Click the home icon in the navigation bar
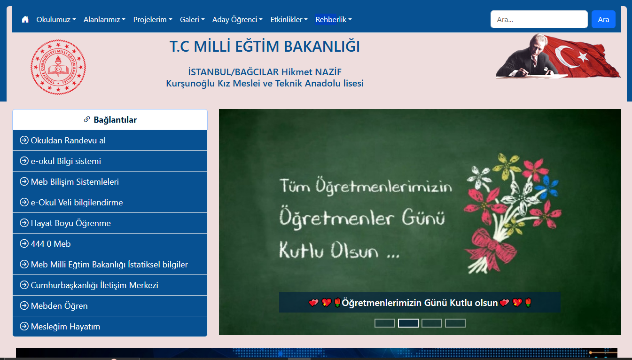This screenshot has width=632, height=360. click(x=25, y=19)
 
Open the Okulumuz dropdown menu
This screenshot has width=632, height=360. click(x=56, y=19)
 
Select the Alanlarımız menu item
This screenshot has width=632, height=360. click(x=104, y=19)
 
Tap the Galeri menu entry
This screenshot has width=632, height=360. click(x=192, y=19)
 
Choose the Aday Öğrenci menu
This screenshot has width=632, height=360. click(x=237, y=19)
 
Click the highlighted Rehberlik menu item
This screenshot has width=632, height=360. click(x=334, y=19)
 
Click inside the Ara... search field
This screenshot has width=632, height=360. click(x=539, y=19)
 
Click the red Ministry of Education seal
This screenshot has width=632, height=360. click(x=58, y=67)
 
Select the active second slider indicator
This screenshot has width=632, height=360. click(x=408, y=323)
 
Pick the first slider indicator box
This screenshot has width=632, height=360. click(x=384, y=323)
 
